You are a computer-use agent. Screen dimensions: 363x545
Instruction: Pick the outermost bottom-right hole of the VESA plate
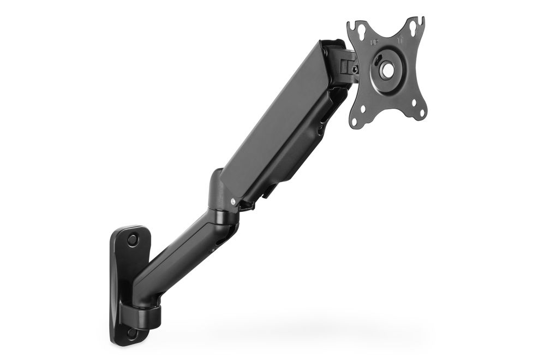point(421,115)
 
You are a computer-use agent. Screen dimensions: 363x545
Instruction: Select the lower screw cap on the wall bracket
point(133,331)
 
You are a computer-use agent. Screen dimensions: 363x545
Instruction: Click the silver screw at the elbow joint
point(234,201)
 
